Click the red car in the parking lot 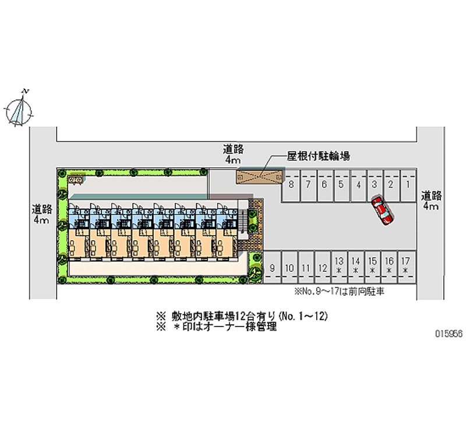pos(382,211)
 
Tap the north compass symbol pos(20,108)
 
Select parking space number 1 pos(409,185)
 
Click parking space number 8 pos(291,185)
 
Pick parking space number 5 pos(341,185)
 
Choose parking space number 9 pos(272,267)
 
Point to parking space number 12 pos(322,267)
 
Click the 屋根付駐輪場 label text pos(318,156)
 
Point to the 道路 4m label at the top pos(232,153)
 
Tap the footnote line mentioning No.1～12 pos(243,316)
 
